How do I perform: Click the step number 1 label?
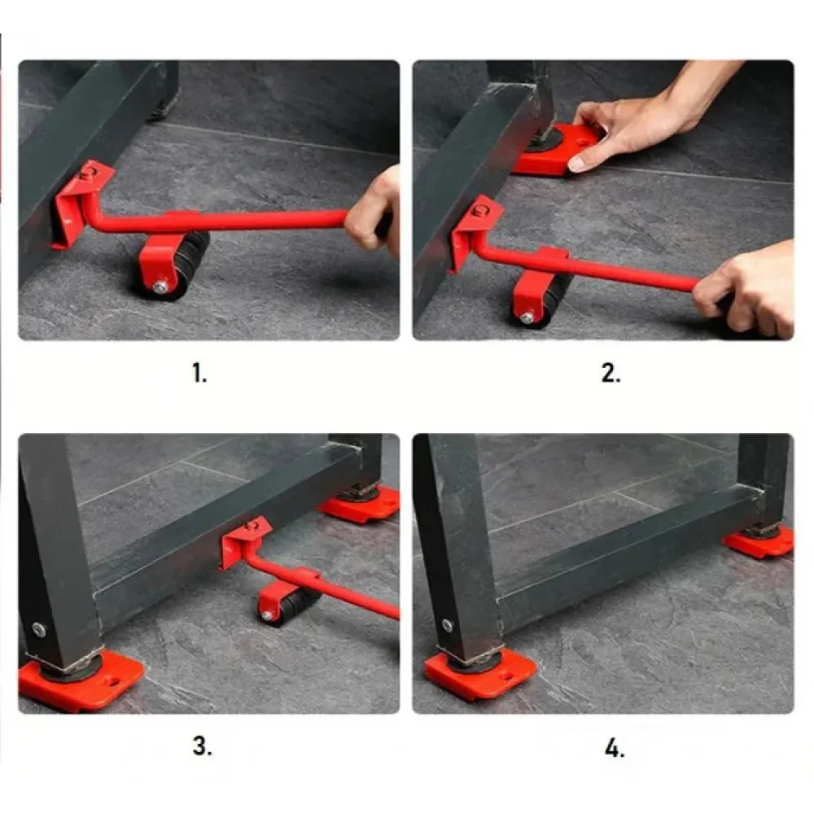(x=199, y=373)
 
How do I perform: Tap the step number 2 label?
(x=610, y=373)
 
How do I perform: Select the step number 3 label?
(x=202, y=746)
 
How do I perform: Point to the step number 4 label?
(x=614, y=748)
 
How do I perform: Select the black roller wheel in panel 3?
(x=293, y=605)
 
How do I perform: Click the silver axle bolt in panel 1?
(x=161, y=287)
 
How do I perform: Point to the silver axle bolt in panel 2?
(x=527, y=317)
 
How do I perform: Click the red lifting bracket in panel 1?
(x=78, y=203)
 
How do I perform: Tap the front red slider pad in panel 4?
(x=480, y=673)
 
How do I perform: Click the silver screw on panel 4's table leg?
(x=447, y=625)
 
